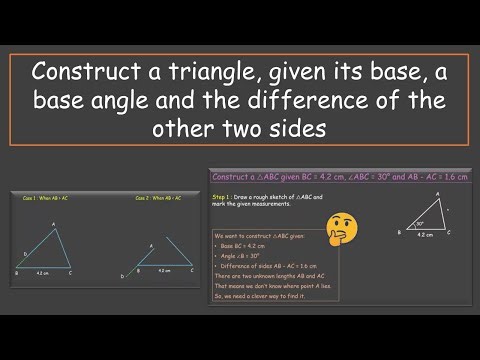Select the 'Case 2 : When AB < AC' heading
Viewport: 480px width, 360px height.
(x=157, y=199)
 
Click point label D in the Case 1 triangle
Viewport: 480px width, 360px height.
(x=25, y=255)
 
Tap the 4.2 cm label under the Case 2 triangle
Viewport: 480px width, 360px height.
(x=163, y=271)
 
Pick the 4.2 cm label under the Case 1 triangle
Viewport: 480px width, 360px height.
(x=42, y=271)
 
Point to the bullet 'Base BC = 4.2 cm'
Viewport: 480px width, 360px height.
(x=246, y=245)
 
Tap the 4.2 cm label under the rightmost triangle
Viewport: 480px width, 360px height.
(x=424, y=235)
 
